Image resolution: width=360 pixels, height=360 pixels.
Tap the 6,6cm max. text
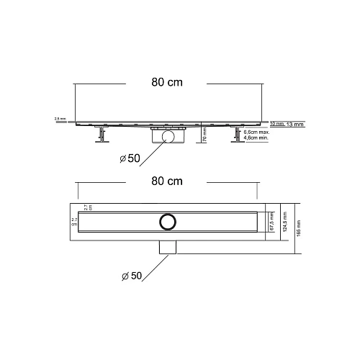point(256,132)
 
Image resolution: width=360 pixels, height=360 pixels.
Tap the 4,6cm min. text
point(256,139)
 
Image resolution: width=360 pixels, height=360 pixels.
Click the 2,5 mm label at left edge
point(59,119)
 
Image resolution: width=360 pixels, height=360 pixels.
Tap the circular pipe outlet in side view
point(168,135)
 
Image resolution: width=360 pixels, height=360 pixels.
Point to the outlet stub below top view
point(168,247)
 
